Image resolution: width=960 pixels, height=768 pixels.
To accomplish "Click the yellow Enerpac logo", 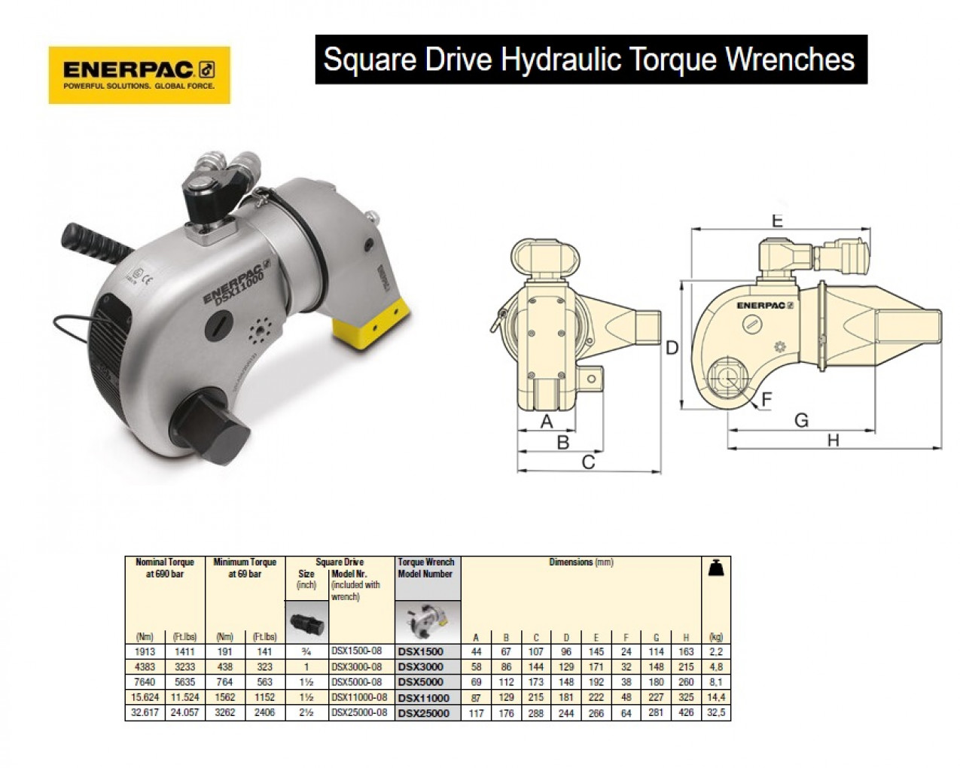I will click(x=139, y=75).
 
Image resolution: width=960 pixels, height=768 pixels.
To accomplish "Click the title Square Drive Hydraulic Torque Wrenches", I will click(x=590, y=59).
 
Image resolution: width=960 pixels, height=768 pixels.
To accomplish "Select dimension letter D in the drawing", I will click(x=672, y=348).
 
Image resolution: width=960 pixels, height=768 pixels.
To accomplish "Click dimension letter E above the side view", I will click(x=778, y=221).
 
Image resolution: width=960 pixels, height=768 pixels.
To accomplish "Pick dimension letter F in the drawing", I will click(x=767, y=398).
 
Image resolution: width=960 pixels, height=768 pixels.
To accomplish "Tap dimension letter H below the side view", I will click(x=833, y=440).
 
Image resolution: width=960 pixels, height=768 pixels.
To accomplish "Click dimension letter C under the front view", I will click(x=588, y=462).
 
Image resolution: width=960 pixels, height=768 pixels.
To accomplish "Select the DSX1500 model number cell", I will click(x=420, y=652).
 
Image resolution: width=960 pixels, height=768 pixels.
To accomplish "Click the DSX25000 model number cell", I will click(x=423, y=713).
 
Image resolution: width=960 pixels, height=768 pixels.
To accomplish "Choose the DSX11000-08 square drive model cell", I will click(x=359, y=697).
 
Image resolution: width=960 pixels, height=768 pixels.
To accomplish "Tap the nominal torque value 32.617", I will click(x=145, y=712).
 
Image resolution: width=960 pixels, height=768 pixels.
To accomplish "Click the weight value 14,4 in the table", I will click(x=715, y=697).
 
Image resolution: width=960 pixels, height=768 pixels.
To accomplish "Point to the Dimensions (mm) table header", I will click(x=581, y=562).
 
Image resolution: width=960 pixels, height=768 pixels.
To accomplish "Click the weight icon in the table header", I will click(x=716, y=570).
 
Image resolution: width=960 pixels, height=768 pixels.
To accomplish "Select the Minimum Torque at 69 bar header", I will click(x=245, y=568).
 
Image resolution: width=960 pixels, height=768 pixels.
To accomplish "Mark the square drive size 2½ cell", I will click(x=306, y=712).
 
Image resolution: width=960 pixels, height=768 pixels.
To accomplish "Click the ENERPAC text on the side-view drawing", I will click(x=765, y=305).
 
